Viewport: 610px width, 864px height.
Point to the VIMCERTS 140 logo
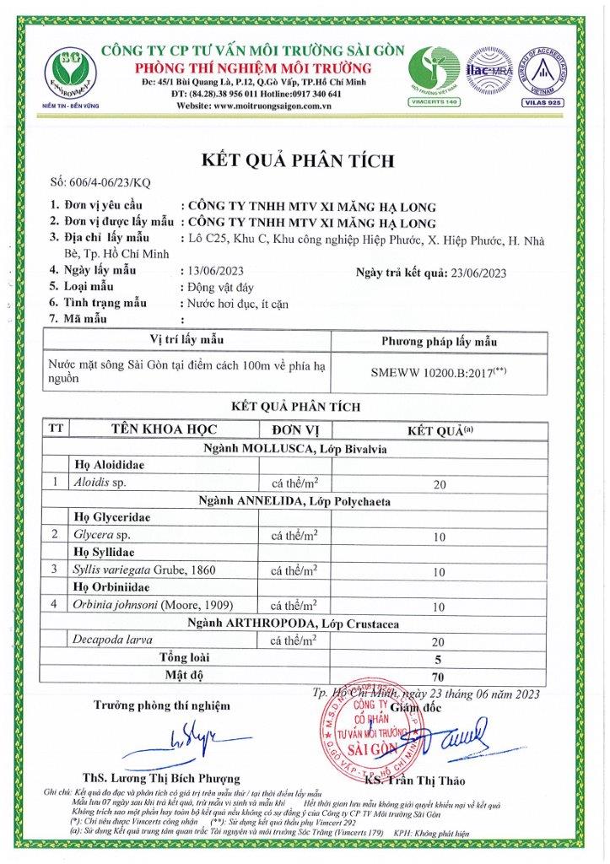[434, 74]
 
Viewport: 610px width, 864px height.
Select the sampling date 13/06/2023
[212, 271]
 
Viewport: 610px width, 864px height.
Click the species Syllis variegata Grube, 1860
[145, 570]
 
